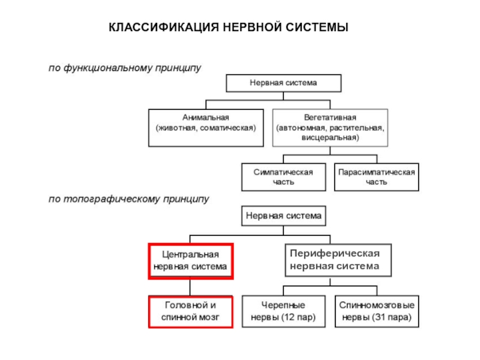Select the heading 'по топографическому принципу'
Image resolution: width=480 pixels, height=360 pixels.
pyautogui.click(x=128, y=199)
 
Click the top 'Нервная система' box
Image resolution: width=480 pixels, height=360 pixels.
pyautogui.click(x=283, y=83)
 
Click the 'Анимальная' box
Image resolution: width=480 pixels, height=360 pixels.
pyautogui.click(x=206, y=127)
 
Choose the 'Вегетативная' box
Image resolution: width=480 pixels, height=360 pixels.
pyautogui.click(x=330, y=127)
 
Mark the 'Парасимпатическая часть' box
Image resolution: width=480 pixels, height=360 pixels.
pyautogui.click(x=376, y=177)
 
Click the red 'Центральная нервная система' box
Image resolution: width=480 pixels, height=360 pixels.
pyautogui.click(x=190, y=261)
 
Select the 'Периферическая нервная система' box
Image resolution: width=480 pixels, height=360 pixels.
pyautogui.click(x=338, y=260)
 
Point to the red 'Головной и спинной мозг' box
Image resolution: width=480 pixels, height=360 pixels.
pyautogui.click(x=190, y=311)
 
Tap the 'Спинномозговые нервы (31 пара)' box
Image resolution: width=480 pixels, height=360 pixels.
pyautogui.click(x=376, y=311)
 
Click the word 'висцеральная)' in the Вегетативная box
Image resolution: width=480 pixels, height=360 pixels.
pyautogui.click(x=330, y=137)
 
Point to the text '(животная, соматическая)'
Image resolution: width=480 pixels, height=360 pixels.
pyautogui.click(x=206, y=128)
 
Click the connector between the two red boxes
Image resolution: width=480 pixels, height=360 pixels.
pyautogui.click(x=190, y=287)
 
